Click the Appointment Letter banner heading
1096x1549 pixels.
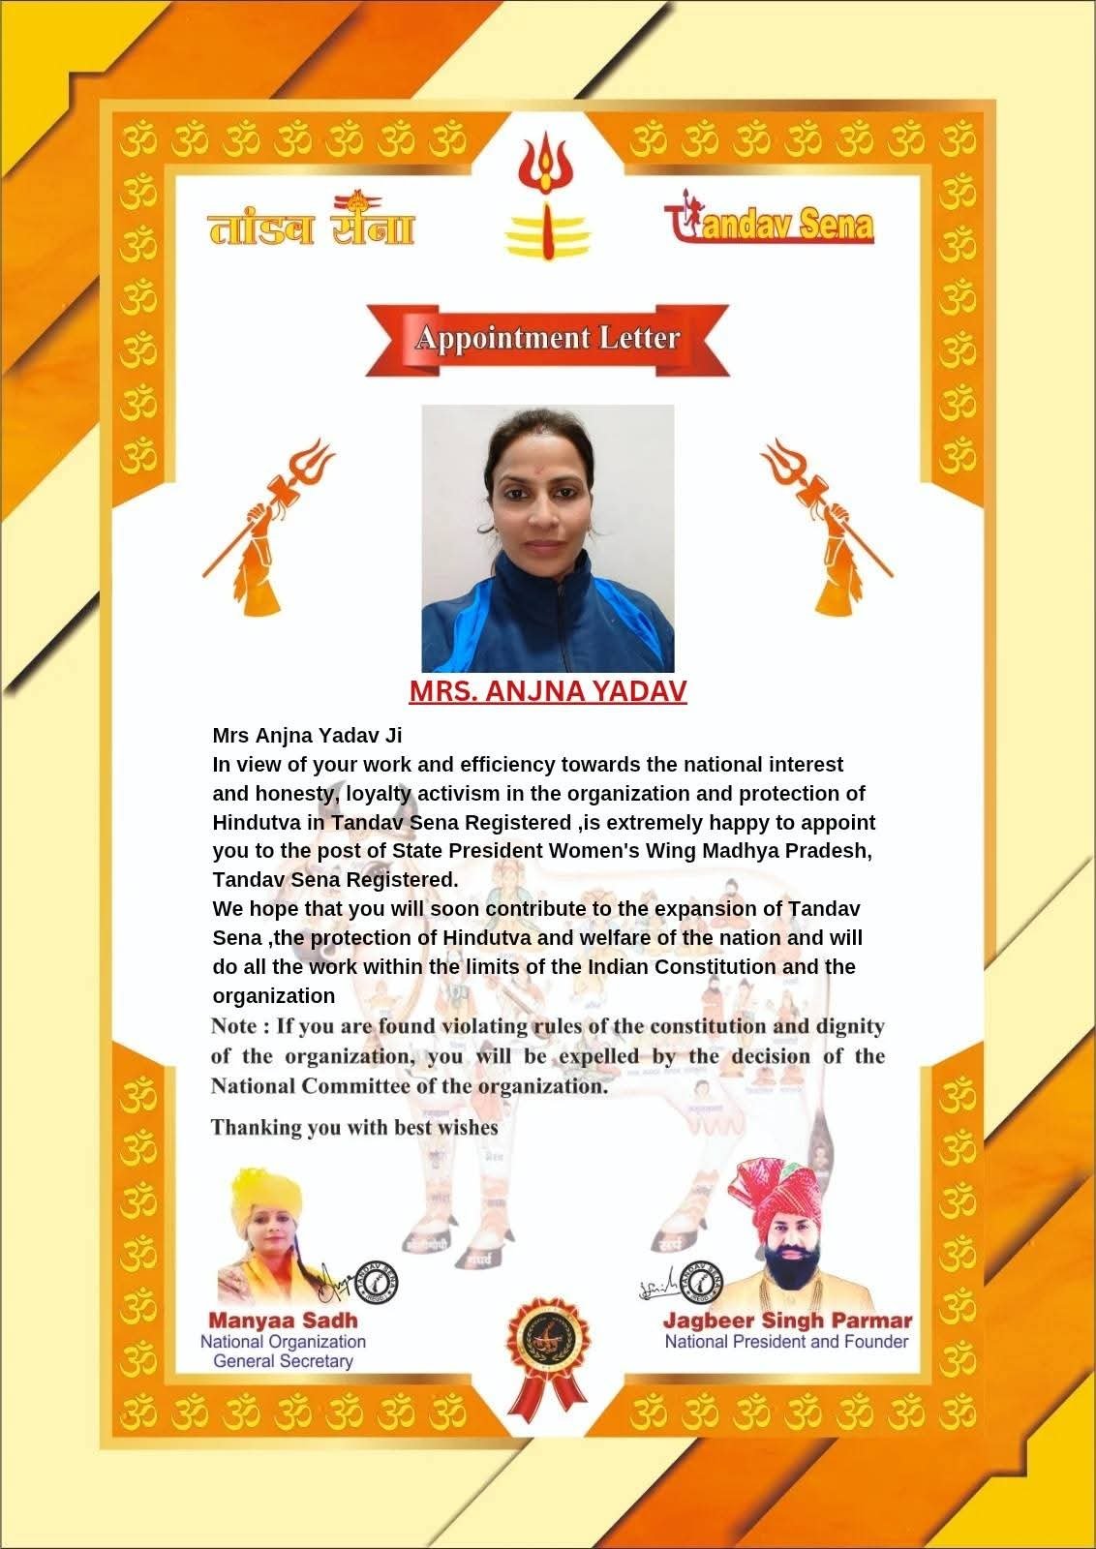click(x=547, y=339)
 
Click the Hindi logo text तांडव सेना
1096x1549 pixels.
click(x=311, y=224)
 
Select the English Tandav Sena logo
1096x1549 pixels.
click(x=769, y=223)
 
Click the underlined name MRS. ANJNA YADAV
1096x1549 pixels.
click(x=547, y=691)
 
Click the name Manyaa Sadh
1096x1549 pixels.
click(x=283, y=1320)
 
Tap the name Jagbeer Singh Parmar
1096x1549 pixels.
click(x=787, y=1321)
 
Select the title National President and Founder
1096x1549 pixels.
click(x=786, y=1342)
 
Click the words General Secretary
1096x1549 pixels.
click(x=283, y=1361)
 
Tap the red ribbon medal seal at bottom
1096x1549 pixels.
click(x=547, y=1350)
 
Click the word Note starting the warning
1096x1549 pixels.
click(x=233, y=1025)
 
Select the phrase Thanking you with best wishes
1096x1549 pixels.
click(x=354, y=1127)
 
